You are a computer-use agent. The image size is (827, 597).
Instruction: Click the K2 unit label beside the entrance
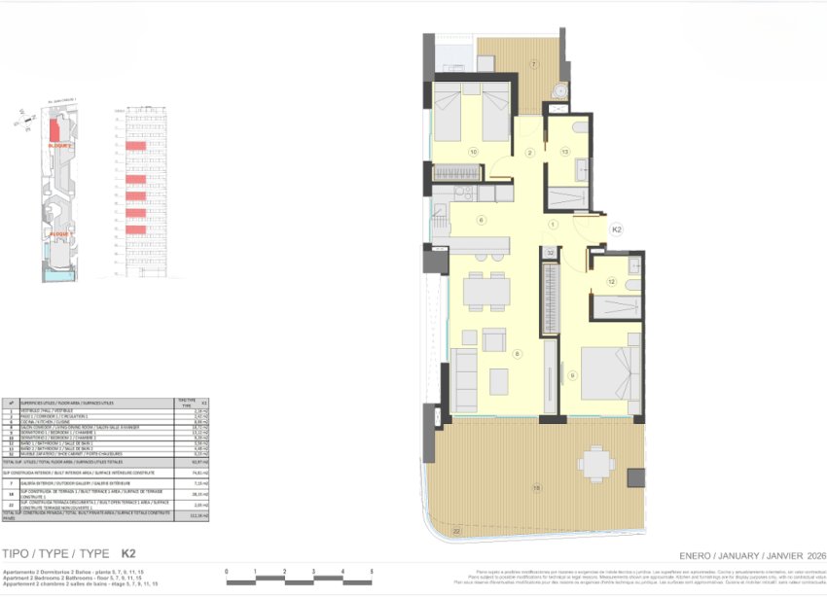click(616, 229)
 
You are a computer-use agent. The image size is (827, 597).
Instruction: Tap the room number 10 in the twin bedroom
click(473, 152)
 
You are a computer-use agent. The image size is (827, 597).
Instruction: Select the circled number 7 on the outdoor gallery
click(533, 64)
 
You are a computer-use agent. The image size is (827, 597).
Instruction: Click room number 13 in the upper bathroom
click(564, 152)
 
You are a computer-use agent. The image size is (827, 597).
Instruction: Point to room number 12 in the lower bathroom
click(612, 281)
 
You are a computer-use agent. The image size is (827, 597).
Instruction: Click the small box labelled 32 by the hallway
click(550, 252)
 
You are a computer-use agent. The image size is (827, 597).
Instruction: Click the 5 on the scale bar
click(372, 572)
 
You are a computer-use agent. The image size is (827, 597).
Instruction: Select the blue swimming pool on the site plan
click(60, 277)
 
